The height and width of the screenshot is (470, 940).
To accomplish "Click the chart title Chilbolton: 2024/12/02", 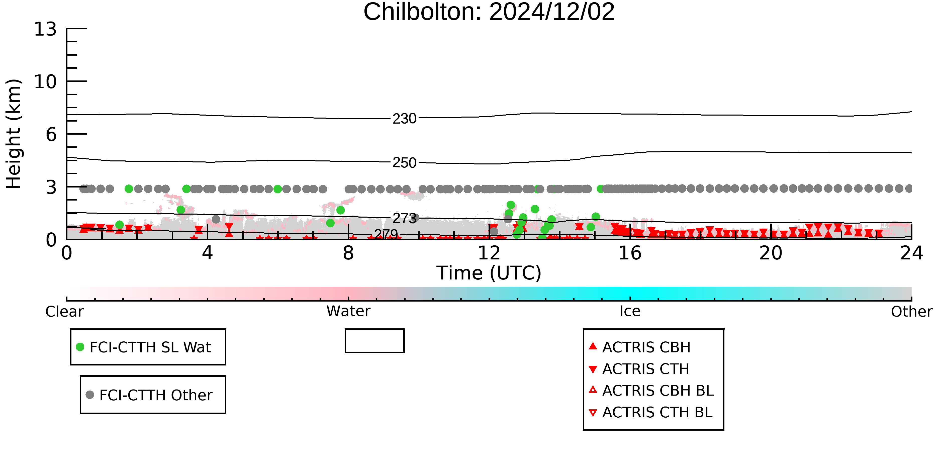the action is (x=489, y=12).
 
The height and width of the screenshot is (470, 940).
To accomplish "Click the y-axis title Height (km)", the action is (x=14, y=134).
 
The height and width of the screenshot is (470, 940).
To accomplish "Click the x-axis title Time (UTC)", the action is (x=489, y=273).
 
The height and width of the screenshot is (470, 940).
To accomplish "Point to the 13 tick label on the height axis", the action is (x=45, y=29).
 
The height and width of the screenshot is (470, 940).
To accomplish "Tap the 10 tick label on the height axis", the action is (x=45, y=82).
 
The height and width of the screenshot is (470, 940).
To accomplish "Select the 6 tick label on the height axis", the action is (x=51, y=135).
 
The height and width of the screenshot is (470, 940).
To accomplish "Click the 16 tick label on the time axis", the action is (x=630, y=253).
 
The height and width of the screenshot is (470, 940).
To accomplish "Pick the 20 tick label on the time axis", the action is (x=771, y=253).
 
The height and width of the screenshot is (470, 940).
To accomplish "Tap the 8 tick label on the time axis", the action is (x=348, y=253).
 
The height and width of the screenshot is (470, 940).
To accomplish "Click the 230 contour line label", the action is (x=404, y=119).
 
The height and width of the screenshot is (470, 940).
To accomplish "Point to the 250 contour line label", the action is (x=404, y=163).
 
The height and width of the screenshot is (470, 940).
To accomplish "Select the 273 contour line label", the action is (x=404, y=218).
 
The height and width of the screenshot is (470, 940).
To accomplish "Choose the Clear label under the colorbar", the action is (x=64, y=312).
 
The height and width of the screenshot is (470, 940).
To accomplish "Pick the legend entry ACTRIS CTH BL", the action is (x=651, y=412).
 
